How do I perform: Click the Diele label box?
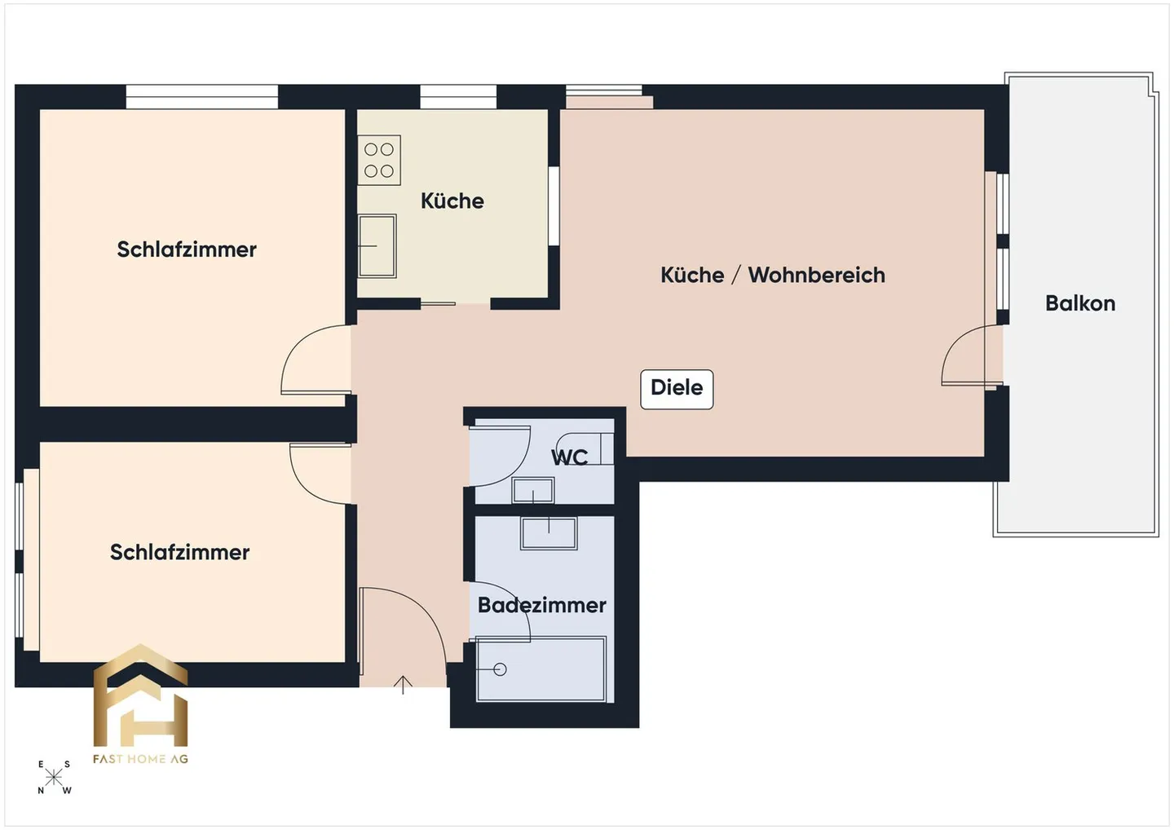click(677, 388)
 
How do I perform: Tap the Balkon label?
click(1079, 303)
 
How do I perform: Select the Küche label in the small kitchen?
click(452, 201)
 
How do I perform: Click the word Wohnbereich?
click(816, 275)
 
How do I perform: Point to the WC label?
click(569, 457)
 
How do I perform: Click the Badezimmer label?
click(541, 605)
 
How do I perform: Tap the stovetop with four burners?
click(379, 160)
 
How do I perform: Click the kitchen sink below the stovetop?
click(377, 245)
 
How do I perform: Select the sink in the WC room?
click(532, 491)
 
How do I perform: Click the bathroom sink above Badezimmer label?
click(549, 532)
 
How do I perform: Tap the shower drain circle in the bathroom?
click(500, 669)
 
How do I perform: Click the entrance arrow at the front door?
click(403, 684)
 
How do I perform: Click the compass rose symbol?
click(54, 777)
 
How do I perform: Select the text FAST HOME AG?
click(140, 759)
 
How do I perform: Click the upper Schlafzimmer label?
click(186, 249)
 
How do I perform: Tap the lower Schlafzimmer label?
click(179, 552)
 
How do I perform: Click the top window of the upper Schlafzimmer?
click(201, 96)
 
